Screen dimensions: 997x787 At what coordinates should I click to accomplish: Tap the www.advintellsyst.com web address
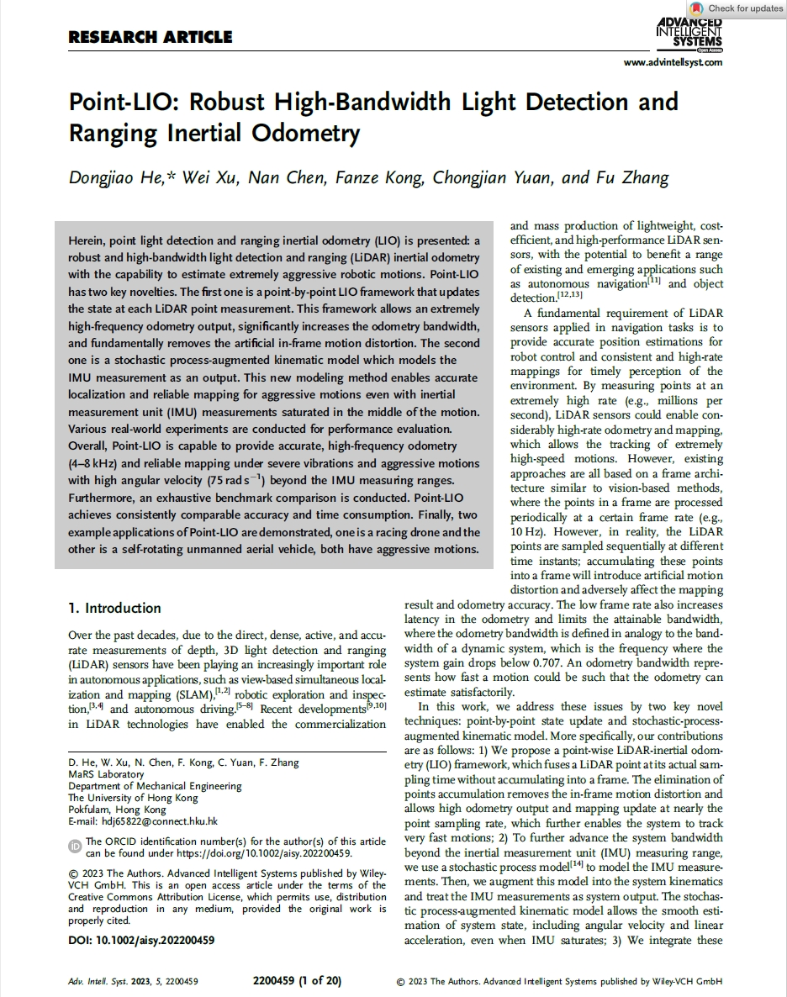click(x=673, y=63)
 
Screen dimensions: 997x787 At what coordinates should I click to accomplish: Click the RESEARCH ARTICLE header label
click(x=150, y=37)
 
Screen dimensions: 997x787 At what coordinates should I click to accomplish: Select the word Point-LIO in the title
click(x=123, y=103)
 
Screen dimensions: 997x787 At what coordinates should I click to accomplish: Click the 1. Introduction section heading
click(x=114, y=608)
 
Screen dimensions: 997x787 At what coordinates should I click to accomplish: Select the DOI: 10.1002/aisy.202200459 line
click(x=141, y=941)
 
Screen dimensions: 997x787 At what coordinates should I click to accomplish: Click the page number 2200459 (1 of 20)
click(x=297, y=981)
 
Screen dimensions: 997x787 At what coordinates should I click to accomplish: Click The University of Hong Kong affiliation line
click(x=133, y=798)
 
